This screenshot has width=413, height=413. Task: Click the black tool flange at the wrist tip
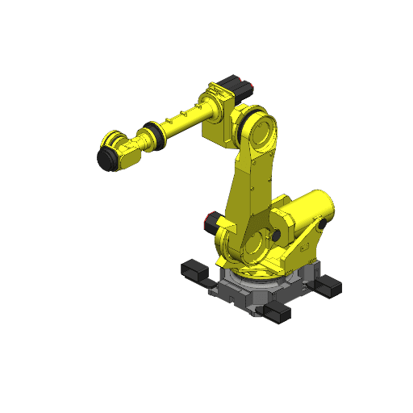point(106,157)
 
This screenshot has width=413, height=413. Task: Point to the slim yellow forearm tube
point(181,120)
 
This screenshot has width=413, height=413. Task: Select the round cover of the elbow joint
point(260,131)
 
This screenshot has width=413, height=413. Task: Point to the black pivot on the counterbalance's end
point(323,222)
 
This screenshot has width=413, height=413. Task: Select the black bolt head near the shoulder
point(276,234)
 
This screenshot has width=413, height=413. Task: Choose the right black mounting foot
point(331,284)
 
